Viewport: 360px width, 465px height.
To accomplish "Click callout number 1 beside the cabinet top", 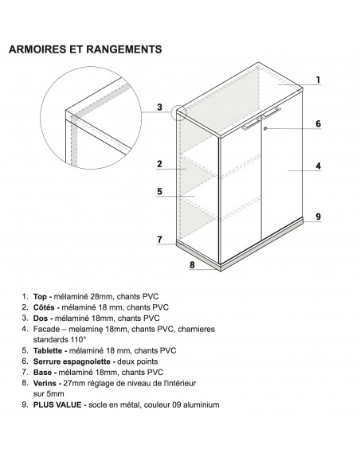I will pyautogui.click(x=318, y=80).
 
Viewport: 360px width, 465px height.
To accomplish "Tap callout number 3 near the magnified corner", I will pyautogui.click(x=159, y=107).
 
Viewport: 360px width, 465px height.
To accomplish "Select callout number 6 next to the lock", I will pyautogui.click(x=318, y=123).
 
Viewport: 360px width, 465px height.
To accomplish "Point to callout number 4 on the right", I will pyautogui.click(x=318, y=166).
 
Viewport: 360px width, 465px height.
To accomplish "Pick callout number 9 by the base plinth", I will pyautogui.click(x=318, y=217).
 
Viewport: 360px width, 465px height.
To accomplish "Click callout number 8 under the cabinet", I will pyautogui.click(x=193, y=265).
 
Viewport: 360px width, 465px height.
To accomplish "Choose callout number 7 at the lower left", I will pyautogui.click(x=159, y=239).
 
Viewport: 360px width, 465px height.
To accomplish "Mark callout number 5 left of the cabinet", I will pyautogui.click(x=159, y=191).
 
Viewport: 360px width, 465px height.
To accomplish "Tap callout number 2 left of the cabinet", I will pyautogui.click(x=159, y=164).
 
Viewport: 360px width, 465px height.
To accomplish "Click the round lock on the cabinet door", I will pyautogui.click(x=266, y=130).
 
